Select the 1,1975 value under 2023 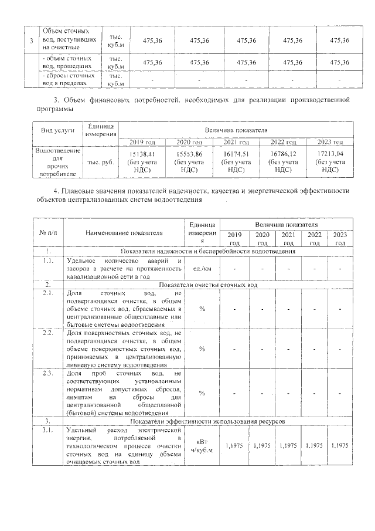(340, 446)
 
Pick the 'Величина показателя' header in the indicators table (286, 225)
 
